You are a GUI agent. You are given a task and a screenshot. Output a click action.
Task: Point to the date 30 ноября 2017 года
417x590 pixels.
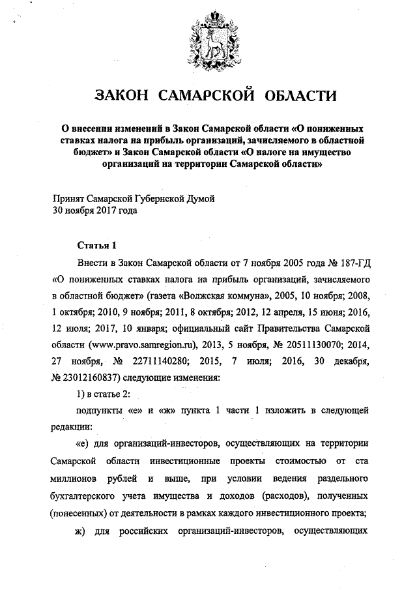(x=94, y=210)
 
